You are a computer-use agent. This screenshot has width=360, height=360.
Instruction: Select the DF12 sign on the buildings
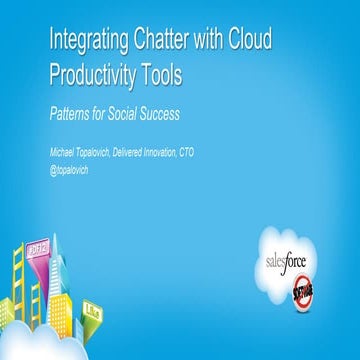point(50,249)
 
